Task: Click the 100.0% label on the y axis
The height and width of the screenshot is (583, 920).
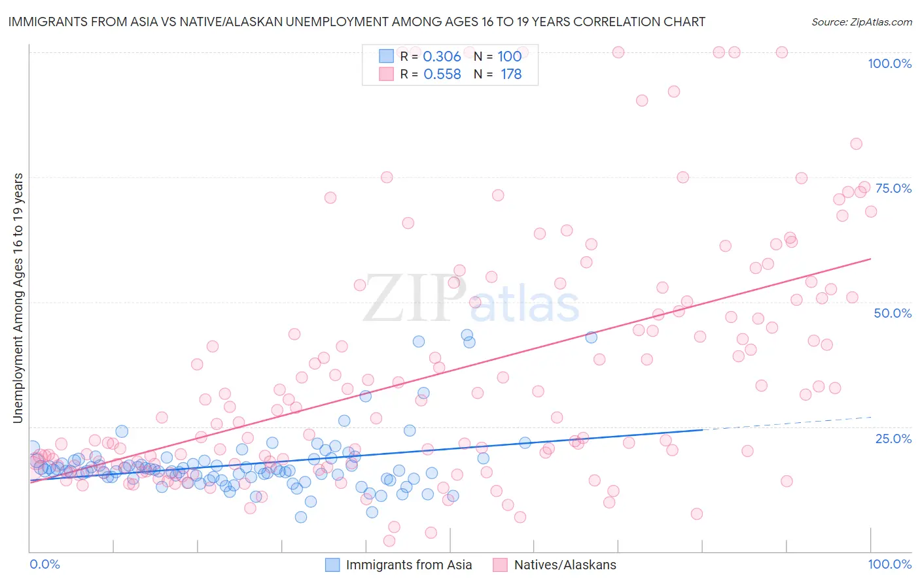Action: click(889, 63)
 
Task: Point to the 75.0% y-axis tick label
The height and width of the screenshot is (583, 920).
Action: click(893, 188)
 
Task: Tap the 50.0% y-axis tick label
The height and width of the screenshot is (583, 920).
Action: click(893, 313)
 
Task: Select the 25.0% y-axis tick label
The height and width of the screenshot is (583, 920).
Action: click(893, 439)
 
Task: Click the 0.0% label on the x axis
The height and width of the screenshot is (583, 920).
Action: click(44, 564)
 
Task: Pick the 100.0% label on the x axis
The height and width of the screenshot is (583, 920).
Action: click(889, 564)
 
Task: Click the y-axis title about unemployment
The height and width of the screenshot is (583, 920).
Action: click(18, 298)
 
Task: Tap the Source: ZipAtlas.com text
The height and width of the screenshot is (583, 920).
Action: click(861, 22)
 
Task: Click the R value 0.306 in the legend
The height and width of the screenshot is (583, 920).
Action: click(442, 56)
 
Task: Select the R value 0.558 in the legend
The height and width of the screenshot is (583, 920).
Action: click(442, 75)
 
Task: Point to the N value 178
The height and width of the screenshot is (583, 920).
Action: click(511, 75)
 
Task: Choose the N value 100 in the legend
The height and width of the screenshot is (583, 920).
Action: click(509, 56)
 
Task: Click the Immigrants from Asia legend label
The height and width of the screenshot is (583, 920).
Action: click(408, 565)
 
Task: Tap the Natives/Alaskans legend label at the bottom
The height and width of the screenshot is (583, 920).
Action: click(565, 565)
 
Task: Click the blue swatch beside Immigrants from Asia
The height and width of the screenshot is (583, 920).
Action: click(332, 565)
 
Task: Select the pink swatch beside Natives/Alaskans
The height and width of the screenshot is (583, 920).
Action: click(501, 565)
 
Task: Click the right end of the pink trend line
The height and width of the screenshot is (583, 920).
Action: click(870, 259)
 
